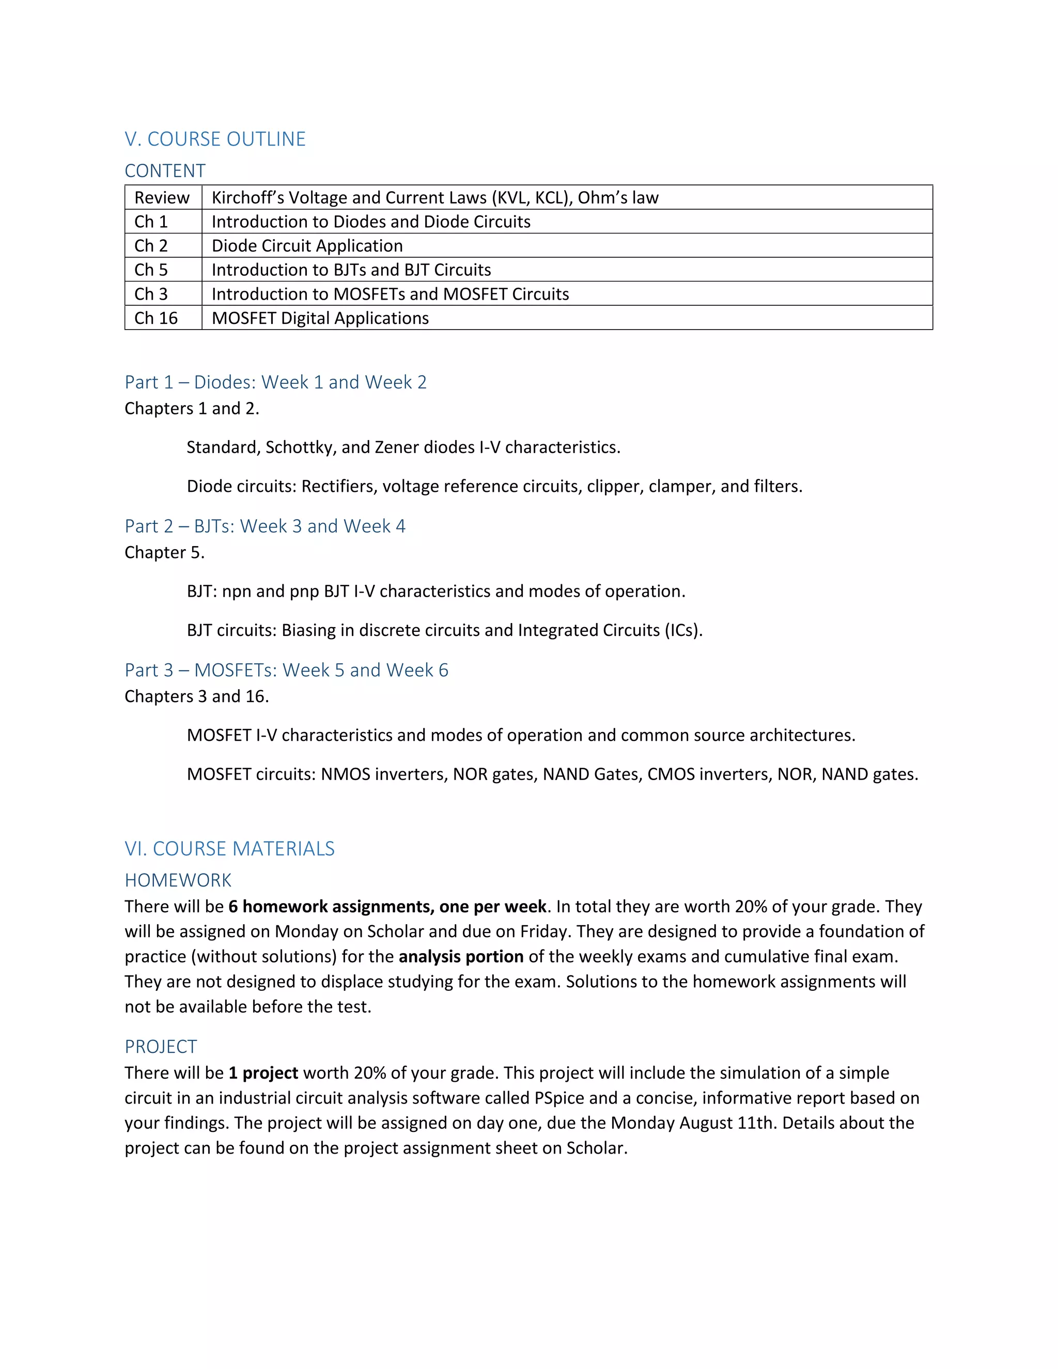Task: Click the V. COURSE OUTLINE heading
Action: point(215,138)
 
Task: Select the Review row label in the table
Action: point(162,197)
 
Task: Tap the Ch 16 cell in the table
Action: point(156,318)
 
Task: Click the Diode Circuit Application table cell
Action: point(307,246)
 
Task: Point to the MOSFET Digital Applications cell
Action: point(320,318)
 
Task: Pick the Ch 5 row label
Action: point(151,270)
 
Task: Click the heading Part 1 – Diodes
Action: point(275,382)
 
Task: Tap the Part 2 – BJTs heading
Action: point(264,526)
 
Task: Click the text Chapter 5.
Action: point(164,552)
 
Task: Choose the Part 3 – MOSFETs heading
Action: point(286,670)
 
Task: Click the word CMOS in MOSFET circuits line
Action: point(671,774)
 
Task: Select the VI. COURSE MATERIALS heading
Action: point(229,848)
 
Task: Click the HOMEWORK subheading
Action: point(178,880)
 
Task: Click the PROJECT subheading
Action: point(161,1046)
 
